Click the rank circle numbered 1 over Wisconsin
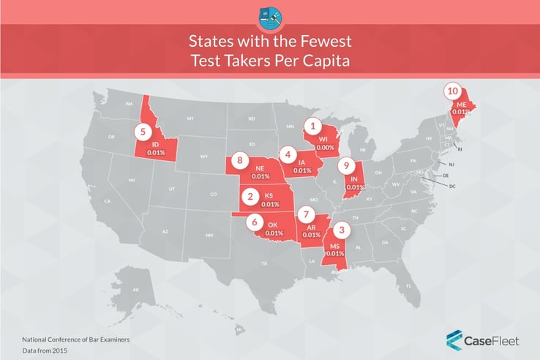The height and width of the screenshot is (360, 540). [313, 126]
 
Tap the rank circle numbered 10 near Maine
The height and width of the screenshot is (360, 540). [454, 91]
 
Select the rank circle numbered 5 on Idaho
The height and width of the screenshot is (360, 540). [142, 132]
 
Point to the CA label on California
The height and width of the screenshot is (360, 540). [107, 201]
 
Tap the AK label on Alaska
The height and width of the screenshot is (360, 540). [136, 290]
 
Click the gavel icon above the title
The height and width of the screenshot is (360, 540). [270, 18]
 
